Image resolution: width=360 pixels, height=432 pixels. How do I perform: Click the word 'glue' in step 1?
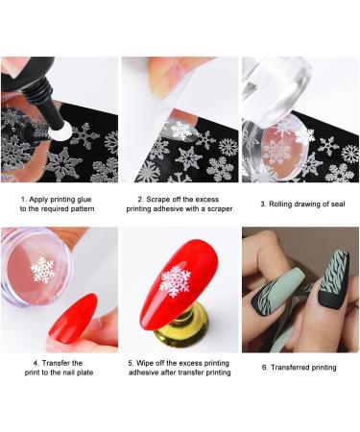point(84,200)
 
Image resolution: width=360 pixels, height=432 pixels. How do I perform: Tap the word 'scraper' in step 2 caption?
point(221,209)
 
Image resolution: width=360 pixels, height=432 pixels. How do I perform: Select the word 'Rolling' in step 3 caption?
point(280,204)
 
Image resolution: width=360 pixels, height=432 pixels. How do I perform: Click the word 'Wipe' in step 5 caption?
point(144,363)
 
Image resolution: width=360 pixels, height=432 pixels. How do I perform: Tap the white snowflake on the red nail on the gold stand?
point(175,281)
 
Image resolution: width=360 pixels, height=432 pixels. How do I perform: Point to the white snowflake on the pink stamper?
point(43,271)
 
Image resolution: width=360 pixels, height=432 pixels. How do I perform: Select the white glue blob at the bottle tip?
point(60,132)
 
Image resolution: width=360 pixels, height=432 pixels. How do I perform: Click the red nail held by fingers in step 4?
point(74,318)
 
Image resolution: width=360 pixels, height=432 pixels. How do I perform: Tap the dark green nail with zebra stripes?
point(333,279)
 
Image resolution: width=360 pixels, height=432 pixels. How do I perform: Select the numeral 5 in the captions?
point(131,363)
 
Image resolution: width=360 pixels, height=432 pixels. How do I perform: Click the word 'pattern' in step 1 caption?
point(83,209)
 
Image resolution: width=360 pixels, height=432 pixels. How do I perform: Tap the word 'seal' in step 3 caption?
point(338,204)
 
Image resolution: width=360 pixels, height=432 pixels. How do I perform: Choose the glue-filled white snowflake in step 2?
point(181,131)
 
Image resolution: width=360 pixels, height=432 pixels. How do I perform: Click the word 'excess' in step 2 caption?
point(207,200)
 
